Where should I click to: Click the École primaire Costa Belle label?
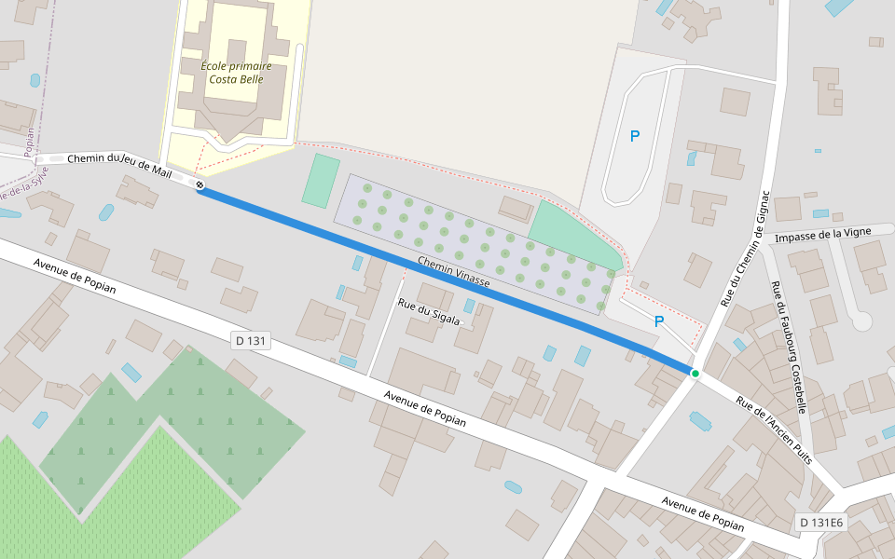[236, 73]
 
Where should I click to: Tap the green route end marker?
[695, 374]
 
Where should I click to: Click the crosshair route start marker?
[200, 184]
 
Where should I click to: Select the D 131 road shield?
[251, 341]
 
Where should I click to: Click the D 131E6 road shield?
[821, 523]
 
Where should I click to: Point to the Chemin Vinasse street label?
[453, 270]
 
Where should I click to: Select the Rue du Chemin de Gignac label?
[743, 249]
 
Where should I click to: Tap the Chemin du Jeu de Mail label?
[119, 160]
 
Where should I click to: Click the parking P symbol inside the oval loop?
[635, 136]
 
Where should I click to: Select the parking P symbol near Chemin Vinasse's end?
[659, 322]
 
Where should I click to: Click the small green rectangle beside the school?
[321, 181]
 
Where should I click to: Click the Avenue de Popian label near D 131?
[75, 276]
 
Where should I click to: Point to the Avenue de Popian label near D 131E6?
[703, 514]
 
